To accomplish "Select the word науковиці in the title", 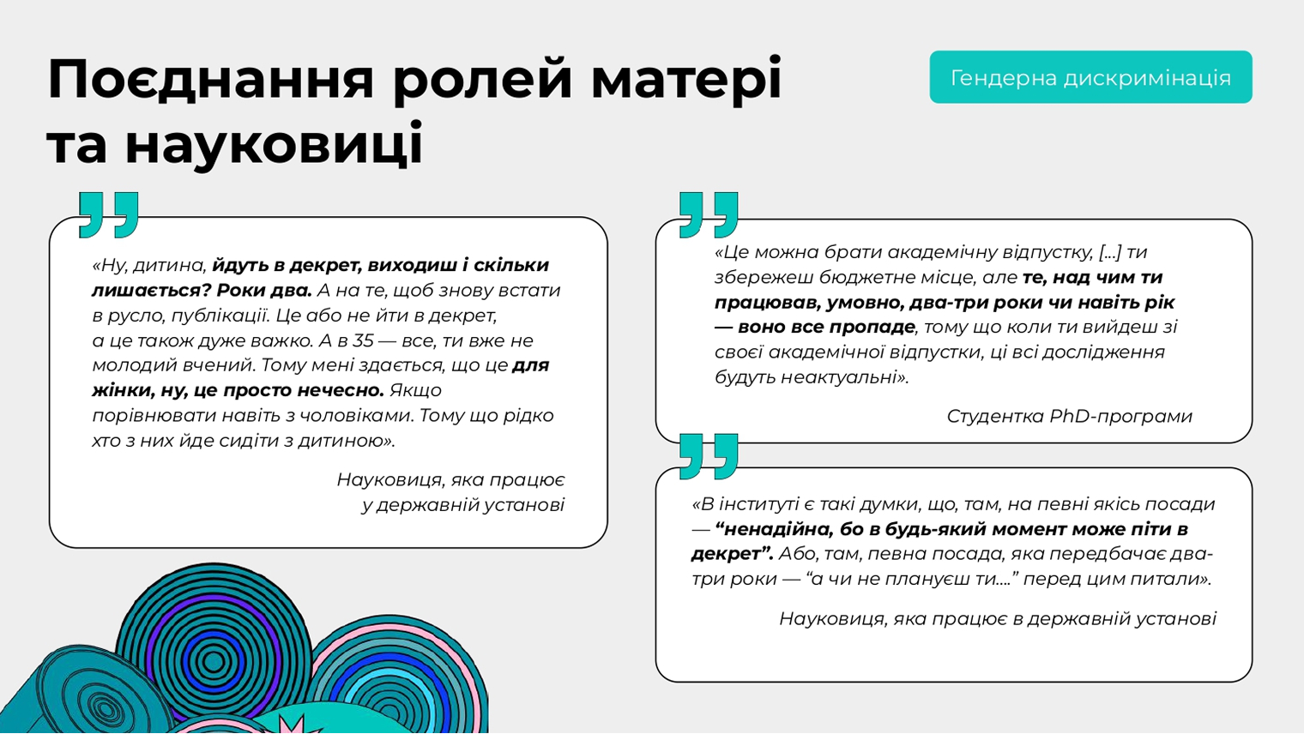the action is [x=275, y=143].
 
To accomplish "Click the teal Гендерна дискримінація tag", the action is [x=1090, y=77].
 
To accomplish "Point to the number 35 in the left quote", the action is [x=363, y=340].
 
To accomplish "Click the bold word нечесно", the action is [x=340, y=390].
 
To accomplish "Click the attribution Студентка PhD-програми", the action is [x=1070, y=416].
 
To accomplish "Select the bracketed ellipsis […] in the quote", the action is [x=1109, y=253].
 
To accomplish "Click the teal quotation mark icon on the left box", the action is [x=109, y=214].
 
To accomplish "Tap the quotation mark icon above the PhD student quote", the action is [x=709, y=214].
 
